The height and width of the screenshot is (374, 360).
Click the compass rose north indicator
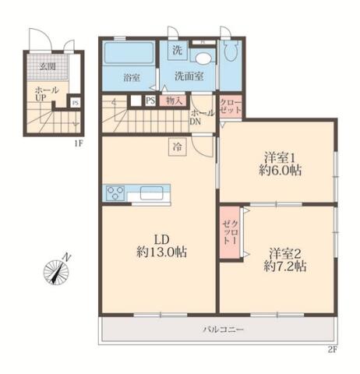coord(57,271)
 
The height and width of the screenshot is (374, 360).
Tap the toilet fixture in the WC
coord(231,51)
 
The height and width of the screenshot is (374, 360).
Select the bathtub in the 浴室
coord(129,53)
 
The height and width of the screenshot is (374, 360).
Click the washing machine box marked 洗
coord(178,50)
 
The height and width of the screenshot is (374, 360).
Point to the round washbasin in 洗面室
coord(204,58)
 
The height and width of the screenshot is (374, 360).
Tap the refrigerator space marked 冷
coord(178,147)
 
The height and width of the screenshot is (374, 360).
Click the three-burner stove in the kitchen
coord(115,193)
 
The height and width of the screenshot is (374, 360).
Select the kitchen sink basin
coord(152,193)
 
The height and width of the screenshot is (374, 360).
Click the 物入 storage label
coord(173,101)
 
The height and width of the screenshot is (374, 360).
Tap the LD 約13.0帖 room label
coord(162,246)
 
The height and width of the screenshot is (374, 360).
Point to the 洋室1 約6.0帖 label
coord(280,164)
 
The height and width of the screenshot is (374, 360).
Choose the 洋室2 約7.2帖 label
coord(285,260)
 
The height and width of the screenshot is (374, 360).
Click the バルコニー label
coord(224,330)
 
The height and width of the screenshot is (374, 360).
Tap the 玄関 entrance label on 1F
coord(48,66)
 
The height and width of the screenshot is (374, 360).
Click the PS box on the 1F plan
coord(76,103)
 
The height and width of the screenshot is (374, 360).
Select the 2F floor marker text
coord(332,350)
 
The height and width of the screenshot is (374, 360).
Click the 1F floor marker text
coord(79,143)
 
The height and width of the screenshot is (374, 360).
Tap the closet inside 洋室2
coord(230,233)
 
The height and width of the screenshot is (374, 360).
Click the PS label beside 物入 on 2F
coord(150,101)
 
